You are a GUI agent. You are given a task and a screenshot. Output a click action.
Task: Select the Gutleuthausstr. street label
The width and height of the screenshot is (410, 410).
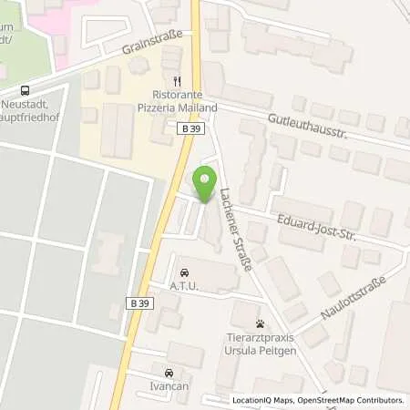point(307,125)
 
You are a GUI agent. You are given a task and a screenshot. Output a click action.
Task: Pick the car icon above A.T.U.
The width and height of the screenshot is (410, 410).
point(185,272)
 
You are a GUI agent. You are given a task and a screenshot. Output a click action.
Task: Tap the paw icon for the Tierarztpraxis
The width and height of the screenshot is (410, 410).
point(260,323)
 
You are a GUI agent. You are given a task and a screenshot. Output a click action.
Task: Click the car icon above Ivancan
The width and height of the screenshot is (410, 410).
point(169,373)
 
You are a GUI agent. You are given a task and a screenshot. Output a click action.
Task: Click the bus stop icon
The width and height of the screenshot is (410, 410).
point(26,90)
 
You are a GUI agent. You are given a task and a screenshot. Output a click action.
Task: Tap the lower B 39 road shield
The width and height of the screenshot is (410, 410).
point(138,302)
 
